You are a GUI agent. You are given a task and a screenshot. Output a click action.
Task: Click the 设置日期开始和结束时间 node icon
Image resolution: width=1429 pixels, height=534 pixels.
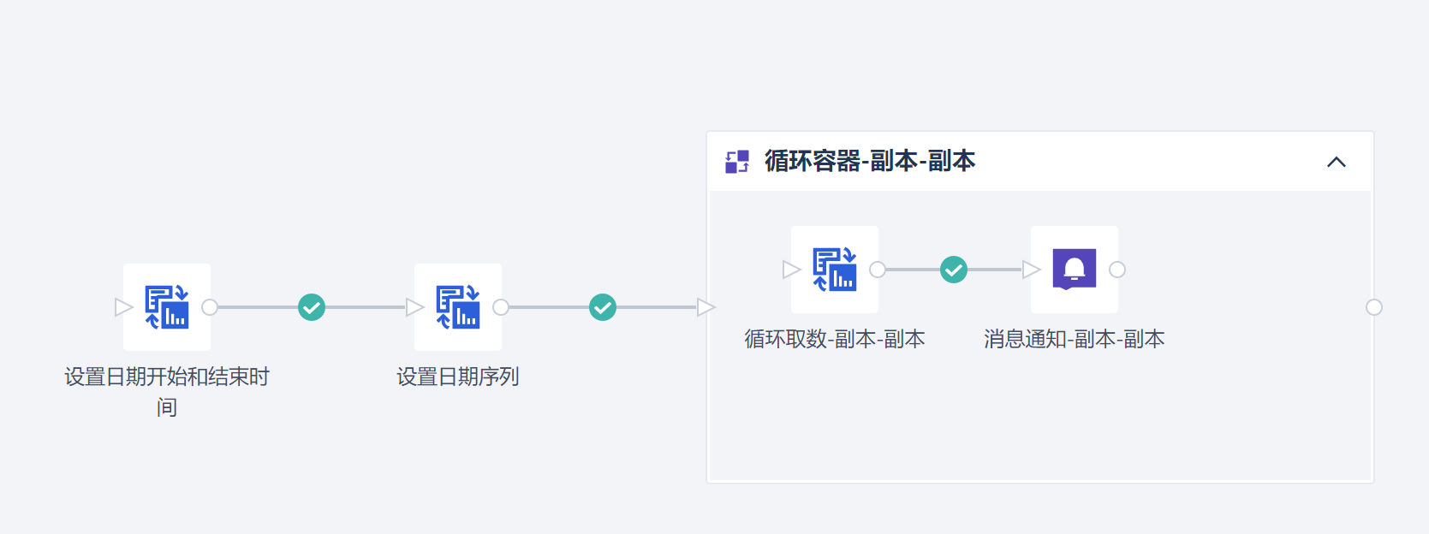point(167,307)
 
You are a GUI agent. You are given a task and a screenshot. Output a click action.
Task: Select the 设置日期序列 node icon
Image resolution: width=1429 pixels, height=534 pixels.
point(458,307)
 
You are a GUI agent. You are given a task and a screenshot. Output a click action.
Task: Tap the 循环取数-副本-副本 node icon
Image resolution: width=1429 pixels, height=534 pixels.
point(835,270)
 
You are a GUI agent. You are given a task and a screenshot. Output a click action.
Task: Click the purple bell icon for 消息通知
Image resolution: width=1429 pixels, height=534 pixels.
point(1075,270)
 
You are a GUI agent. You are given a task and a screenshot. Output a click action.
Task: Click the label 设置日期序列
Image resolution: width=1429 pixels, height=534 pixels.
point(458,377)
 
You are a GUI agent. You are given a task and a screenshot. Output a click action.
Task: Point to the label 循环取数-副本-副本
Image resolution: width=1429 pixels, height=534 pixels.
point(835,339)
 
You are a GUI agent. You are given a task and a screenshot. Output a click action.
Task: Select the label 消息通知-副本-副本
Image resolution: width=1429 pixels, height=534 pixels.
point(1075,339)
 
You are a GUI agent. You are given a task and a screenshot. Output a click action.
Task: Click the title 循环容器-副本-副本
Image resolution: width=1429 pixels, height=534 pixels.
point(870,161)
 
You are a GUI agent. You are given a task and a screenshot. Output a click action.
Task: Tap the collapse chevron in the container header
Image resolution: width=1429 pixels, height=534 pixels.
point(1336,162)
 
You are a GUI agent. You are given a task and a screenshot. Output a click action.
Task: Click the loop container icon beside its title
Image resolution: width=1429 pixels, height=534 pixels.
point(737,162)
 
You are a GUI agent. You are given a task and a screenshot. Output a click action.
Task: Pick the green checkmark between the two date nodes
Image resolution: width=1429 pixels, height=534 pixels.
point(312,307)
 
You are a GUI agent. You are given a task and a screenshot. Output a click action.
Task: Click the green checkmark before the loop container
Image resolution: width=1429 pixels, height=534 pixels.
point(603,307)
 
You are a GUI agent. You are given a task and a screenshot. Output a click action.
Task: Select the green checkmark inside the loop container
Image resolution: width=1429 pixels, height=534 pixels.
point(954,270)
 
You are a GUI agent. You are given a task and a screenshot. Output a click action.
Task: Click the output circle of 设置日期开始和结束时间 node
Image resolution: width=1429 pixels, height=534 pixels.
point(210,307)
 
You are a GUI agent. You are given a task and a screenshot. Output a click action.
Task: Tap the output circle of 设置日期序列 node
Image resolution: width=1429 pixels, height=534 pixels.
point(501,307)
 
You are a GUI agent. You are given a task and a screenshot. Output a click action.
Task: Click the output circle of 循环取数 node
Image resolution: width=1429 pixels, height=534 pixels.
point(878,270)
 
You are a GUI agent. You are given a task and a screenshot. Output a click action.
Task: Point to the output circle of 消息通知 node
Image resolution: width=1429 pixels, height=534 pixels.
point(1117,270)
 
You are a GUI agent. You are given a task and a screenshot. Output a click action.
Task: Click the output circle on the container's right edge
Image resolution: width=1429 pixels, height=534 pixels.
point(1374,307)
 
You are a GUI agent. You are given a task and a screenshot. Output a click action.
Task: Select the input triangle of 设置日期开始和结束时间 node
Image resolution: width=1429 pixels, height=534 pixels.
point(123,307)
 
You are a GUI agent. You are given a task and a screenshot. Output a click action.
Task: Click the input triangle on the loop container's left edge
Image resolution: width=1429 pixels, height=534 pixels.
point(706,307)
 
